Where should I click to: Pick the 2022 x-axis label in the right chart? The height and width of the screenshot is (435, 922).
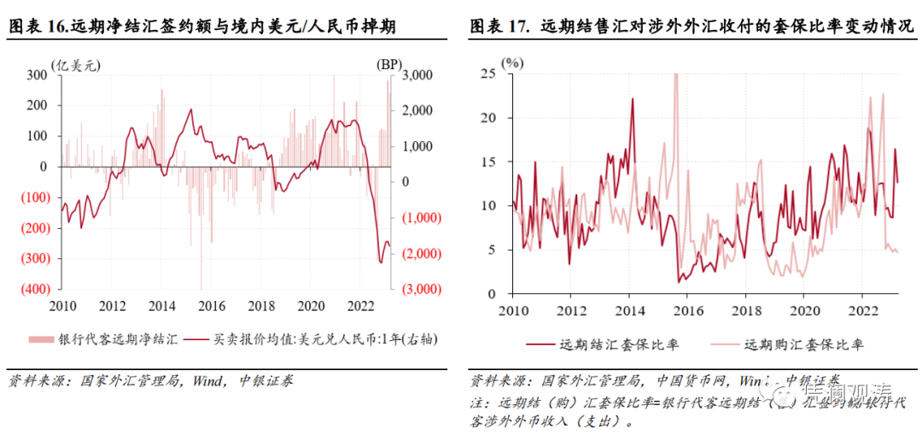tap(863, 309)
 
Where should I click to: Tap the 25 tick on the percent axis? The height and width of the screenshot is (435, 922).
tap(487, 73)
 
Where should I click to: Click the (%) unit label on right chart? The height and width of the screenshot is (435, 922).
tap(512, 62)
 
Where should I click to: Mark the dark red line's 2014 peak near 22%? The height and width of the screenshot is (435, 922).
tap(633, 99)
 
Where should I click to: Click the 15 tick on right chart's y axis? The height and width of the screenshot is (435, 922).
tap(487, 162)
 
